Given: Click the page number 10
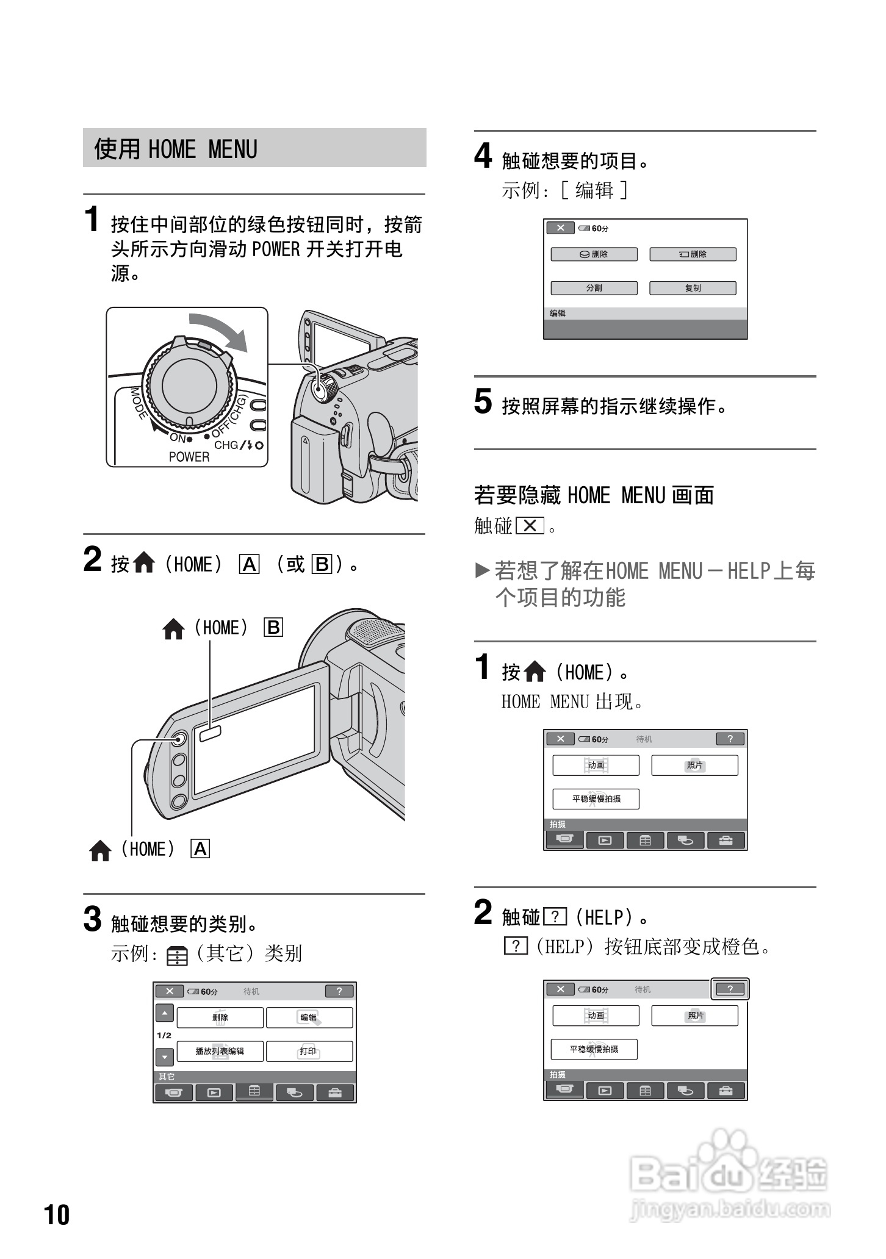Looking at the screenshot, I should [x=57, y=1214].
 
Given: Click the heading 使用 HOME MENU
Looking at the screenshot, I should [x=176, y=149].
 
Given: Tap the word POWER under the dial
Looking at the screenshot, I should [x=189, y=457].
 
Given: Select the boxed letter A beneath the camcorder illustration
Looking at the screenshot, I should [x=200, y=849].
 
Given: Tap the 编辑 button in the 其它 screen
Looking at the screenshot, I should [x=309, y=1017].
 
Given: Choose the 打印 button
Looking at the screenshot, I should [x=309, y=1051].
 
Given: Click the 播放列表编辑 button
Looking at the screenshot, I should [x=220, y=1051].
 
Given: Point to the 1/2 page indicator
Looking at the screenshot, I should [x=164, y=1035].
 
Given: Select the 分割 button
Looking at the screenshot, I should [x=594, y=288].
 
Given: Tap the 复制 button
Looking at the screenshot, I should [x=693, y=288].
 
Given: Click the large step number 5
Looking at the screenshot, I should [x=483, y=402].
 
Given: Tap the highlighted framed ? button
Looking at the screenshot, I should [x=730, y=989].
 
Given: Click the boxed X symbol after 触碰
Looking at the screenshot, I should [x=530, y=526].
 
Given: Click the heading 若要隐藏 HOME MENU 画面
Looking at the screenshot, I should [x=594, y=495].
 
